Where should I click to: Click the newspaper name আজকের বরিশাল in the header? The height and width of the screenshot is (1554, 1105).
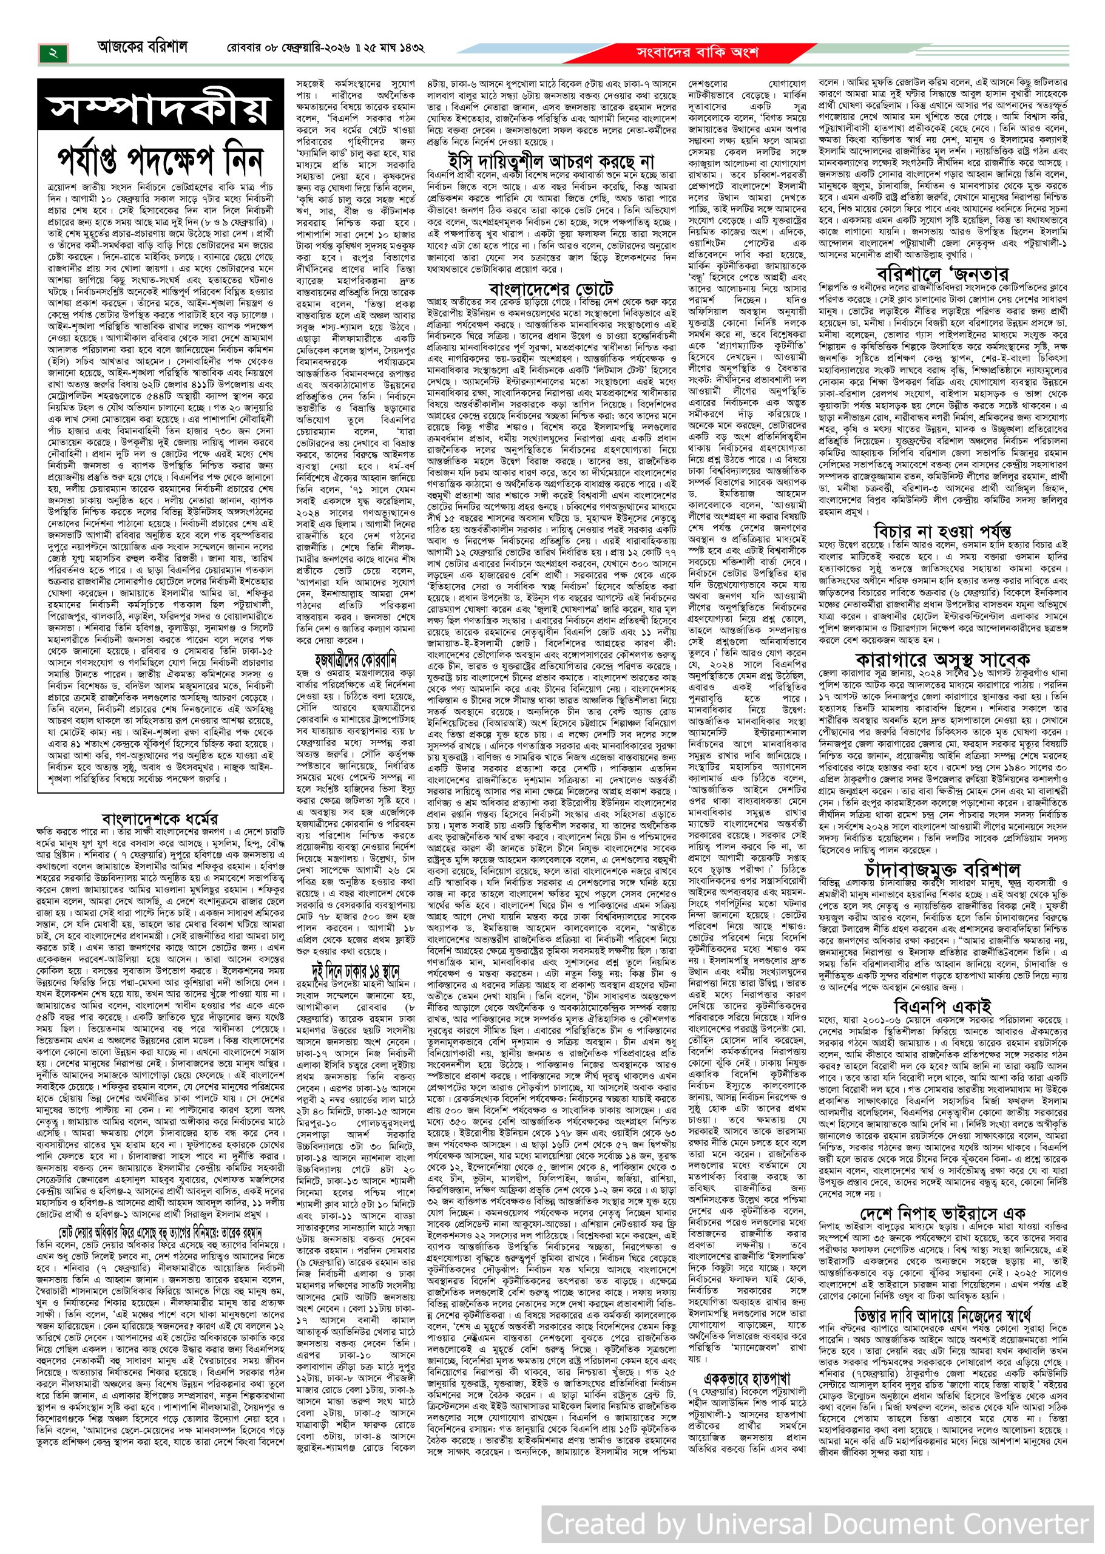pos(141,49)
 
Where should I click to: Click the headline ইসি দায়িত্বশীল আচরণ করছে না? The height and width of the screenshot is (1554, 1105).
pos(550,161)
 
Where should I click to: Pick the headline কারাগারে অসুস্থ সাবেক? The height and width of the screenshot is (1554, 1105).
pos(942,660)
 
